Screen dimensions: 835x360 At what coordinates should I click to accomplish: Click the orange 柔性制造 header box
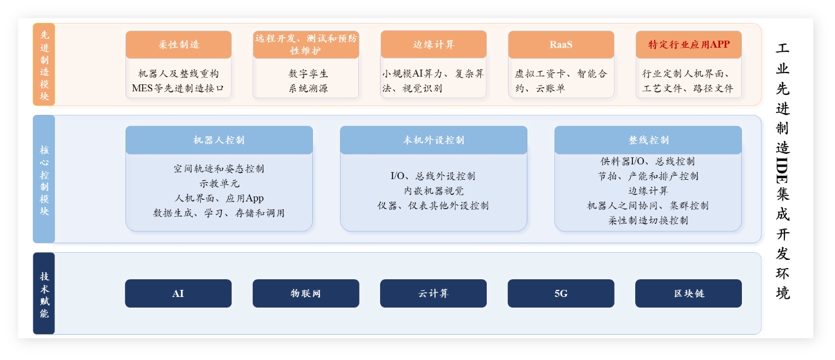(x=179, y=45)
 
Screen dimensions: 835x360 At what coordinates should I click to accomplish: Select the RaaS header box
(x=561, y=45)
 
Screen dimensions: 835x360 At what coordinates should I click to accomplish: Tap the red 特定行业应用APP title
(x=689, y=45)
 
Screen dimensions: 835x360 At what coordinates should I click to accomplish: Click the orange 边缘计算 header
(x=434, y=45)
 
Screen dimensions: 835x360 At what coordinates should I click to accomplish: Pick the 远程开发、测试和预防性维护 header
(x=306, y=45)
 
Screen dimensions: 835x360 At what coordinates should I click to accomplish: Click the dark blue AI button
(x=178, y=293)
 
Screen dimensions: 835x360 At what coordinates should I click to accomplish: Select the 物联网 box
(x=306, y=293)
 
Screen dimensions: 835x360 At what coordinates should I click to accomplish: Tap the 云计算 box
(x=434, y=293)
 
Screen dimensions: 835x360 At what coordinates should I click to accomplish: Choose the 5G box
(x=561, y=293)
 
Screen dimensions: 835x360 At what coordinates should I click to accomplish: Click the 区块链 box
(x=688, y=293)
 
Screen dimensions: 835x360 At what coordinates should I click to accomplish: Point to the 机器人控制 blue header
(x=219, y=140)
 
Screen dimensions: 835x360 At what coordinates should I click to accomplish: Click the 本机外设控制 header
(x=434, y=140)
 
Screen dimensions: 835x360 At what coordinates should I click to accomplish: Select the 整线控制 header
(x=648, y=140)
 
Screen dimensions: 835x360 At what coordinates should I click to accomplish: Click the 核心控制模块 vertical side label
(x=44, y=179)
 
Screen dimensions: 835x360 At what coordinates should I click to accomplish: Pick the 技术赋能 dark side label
(x=44, y=293)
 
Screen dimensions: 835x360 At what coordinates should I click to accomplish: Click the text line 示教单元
(x=219, y=183)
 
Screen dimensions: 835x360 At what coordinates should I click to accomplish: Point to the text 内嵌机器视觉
(x=434, y=191)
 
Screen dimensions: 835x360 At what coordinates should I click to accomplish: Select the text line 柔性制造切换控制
(x=648, y=220)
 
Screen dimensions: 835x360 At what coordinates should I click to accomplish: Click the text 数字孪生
(x=308, y=74)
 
